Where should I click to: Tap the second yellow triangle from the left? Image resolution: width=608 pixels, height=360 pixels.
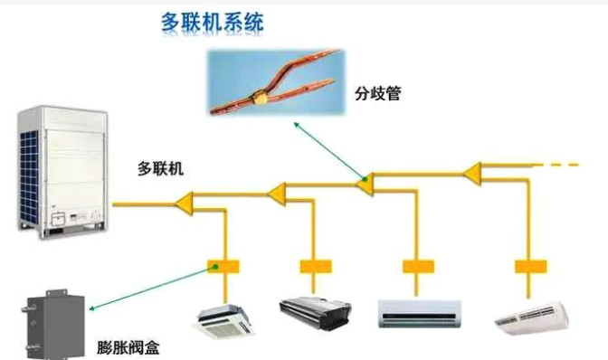(x=278, y=192)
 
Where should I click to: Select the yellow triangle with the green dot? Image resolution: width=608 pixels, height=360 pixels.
(x=366, y=182)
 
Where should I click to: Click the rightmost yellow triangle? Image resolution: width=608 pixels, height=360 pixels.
(x=474, y=171)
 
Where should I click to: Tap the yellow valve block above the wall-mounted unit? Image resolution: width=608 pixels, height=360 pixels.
(x=418, y=267)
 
